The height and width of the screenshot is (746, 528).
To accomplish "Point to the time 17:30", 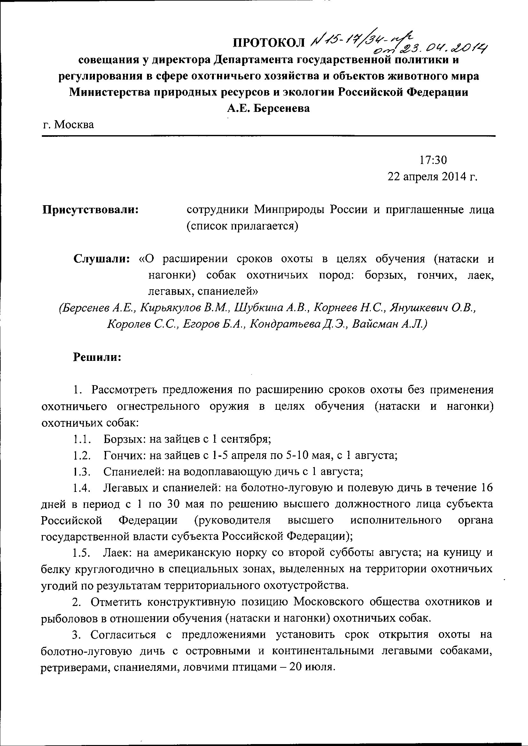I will coord(433,160).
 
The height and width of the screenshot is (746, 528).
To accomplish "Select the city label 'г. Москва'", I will coord(69,125).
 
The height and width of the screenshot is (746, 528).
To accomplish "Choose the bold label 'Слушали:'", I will coord(102,259).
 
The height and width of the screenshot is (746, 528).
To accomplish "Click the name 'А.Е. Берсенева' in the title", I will coord(268,108).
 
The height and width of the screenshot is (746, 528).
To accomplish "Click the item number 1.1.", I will coord(81,439).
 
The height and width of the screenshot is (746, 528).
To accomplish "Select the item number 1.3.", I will coord(81,472).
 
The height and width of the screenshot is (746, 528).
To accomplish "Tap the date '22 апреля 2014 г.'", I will coord(432,176).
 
